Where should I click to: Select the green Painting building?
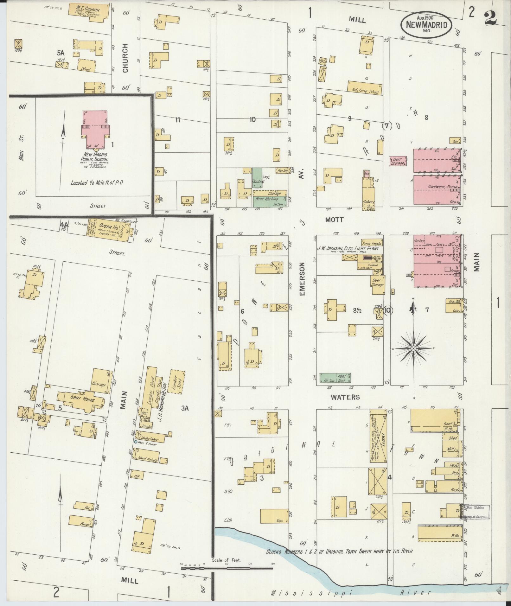[x=257, y=178]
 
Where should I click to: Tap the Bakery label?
[x=369, y=201]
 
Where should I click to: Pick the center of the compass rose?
[x=413, y=349]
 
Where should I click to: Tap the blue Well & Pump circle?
[x=136, y=442]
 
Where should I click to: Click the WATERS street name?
[x=345, y=397]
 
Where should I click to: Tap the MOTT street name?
[x=335, y=220]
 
